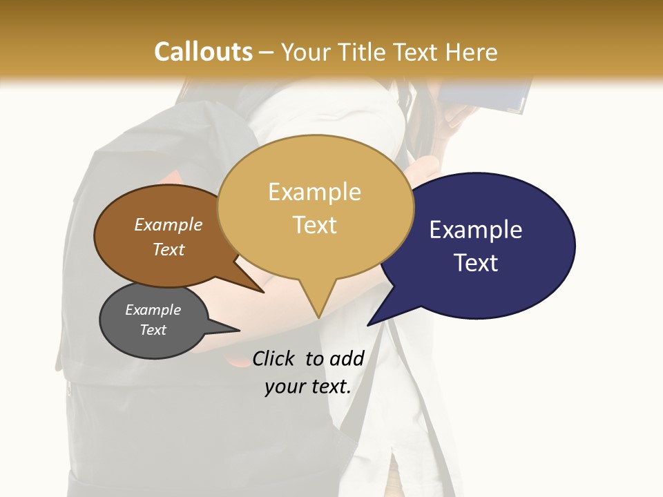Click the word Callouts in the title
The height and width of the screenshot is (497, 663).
coord(203,52)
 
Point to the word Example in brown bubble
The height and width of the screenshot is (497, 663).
coord(169,224)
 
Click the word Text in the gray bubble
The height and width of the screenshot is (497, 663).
coord(153,330)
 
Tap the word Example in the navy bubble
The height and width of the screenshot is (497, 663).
coord(476,230)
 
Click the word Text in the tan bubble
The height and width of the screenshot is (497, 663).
coord(315,225)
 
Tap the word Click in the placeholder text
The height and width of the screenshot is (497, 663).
coord(274,358)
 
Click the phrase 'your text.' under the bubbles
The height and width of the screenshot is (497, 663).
coord(308,387)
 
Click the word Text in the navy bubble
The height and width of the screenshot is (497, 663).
coord(476,263)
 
